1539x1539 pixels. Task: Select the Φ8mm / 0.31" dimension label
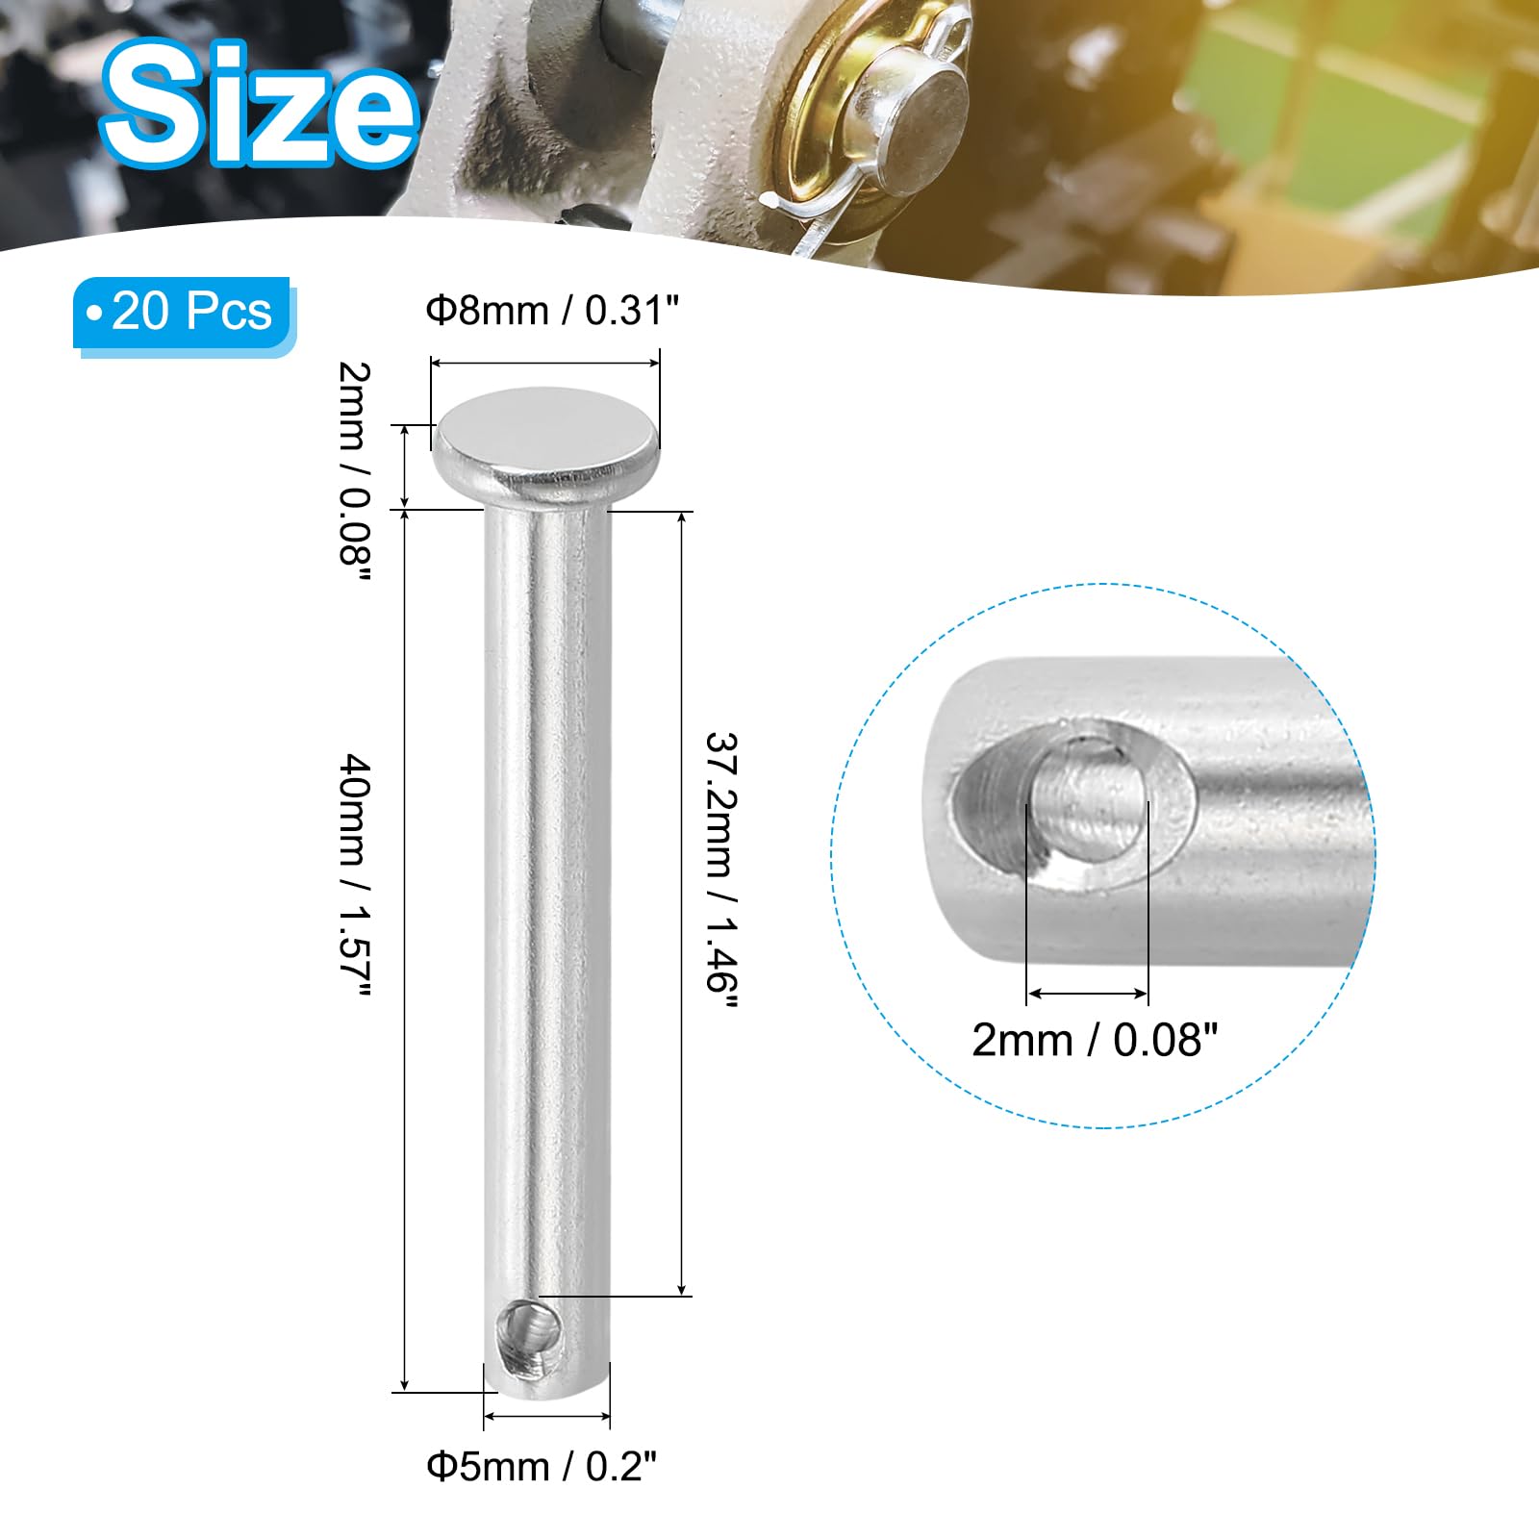[x=553, y=311]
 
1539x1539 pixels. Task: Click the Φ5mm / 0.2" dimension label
[x=542, y=1467]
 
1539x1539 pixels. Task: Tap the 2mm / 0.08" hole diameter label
[x=1095, y=1040]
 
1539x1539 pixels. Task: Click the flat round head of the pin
[x=546, y=439]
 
